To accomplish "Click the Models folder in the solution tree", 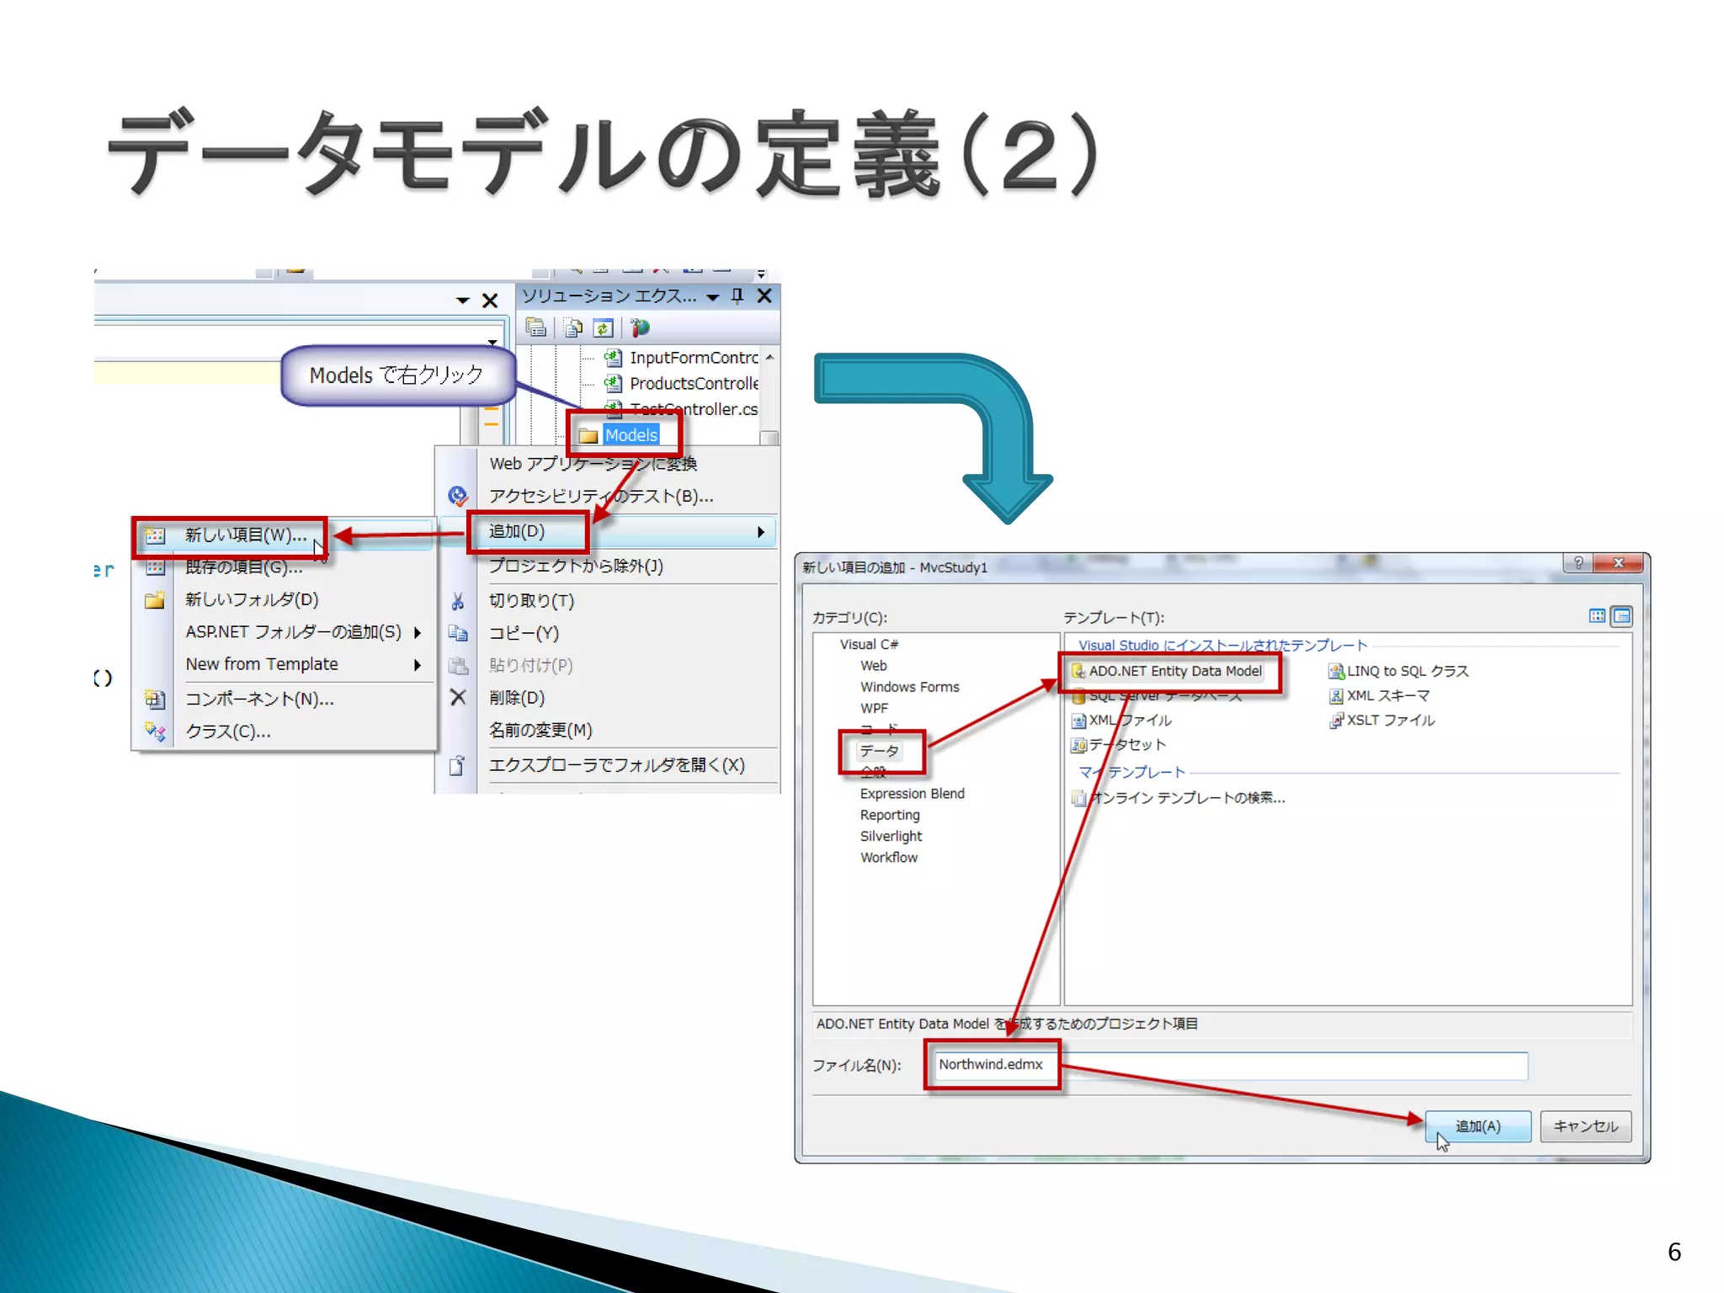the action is coord(631,435).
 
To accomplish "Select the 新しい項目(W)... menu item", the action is coord(245,535).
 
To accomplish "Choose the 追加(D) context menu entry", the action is coord(517,532).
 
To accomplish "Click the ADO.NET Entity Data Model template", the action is coord(1174,672).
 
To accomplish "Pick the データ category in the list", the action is coord(879,751).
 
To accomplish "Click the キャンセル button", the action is coord(1585,1126).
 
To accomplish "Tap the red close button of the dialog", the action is coord(1617,563).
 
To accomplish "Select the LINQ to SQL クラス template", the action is coord(1407,672).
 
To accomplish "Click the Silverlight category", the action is coord(891,837).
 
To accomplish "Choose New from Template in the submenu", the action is coord(262,664).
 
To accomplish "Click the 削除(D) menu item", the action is coord(517,698).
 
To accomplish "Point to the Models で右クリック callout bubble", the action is coord(396,375).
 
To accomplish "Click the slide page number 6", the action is coord(1674,1252).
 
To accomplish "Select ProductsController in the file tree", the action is coord(693,384).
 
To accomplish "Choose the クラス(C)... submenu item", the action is coord(228,732).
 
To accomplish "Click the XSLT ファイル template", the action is coord(1390,721).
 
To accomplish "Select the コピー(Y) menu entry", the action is coord(524,633).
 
